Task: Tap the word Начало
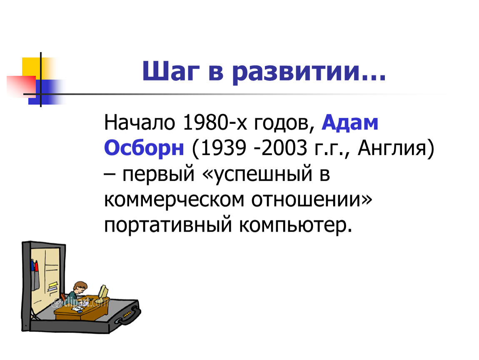[140, 122]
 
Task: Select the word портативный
[168, 225]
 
